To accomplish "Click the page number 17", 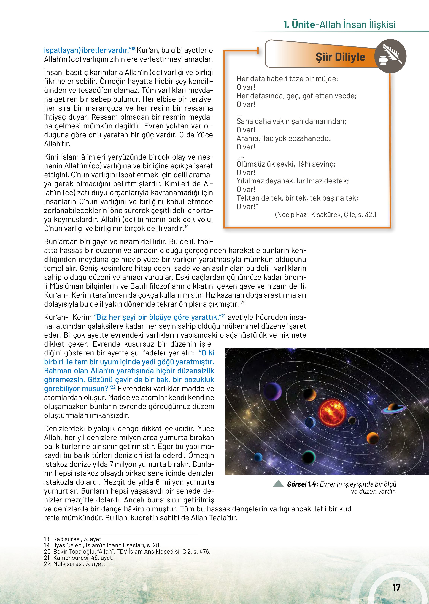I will pos(396,587).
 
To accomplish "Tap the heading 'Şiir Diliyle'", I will pos(340,57).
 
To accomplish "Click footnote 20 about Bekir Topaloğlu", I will pos(127,552).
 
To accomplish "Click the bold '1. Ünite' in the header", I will pos(299,25).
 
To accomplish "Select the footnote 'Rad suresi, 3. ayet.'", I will pos(73,539).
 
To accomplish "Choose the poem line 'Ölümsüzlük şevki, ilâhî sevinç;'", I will pos(286,164).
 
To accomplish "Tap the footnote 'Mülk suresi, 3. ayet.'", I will pos(74,564).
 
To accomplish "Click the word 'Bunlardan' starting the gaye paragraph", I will pos(63,242).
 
